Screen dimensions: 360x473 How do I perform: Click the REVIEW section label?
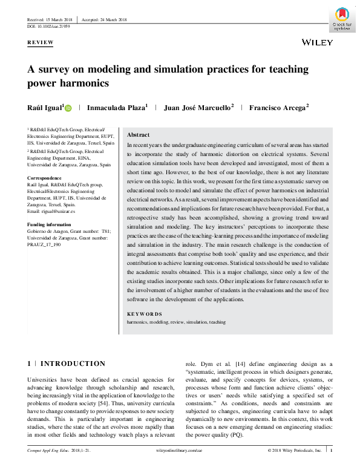tap(41, 42)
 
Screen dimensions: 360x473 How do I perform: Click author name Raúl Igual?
tap(44, 108)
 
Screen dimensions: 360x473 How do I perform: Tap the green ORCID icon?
tap(67, 108)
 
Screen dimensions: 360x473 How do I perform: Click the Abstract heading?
tap(139, 135)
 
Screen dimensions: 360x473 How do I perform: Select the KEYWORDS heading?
tap(145, 314)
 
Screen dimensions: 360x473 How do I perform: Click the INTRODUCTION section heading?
tap(72, 364)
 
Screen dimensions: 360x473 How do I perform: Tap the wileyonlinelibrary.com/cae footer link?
tap(180, 468)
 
